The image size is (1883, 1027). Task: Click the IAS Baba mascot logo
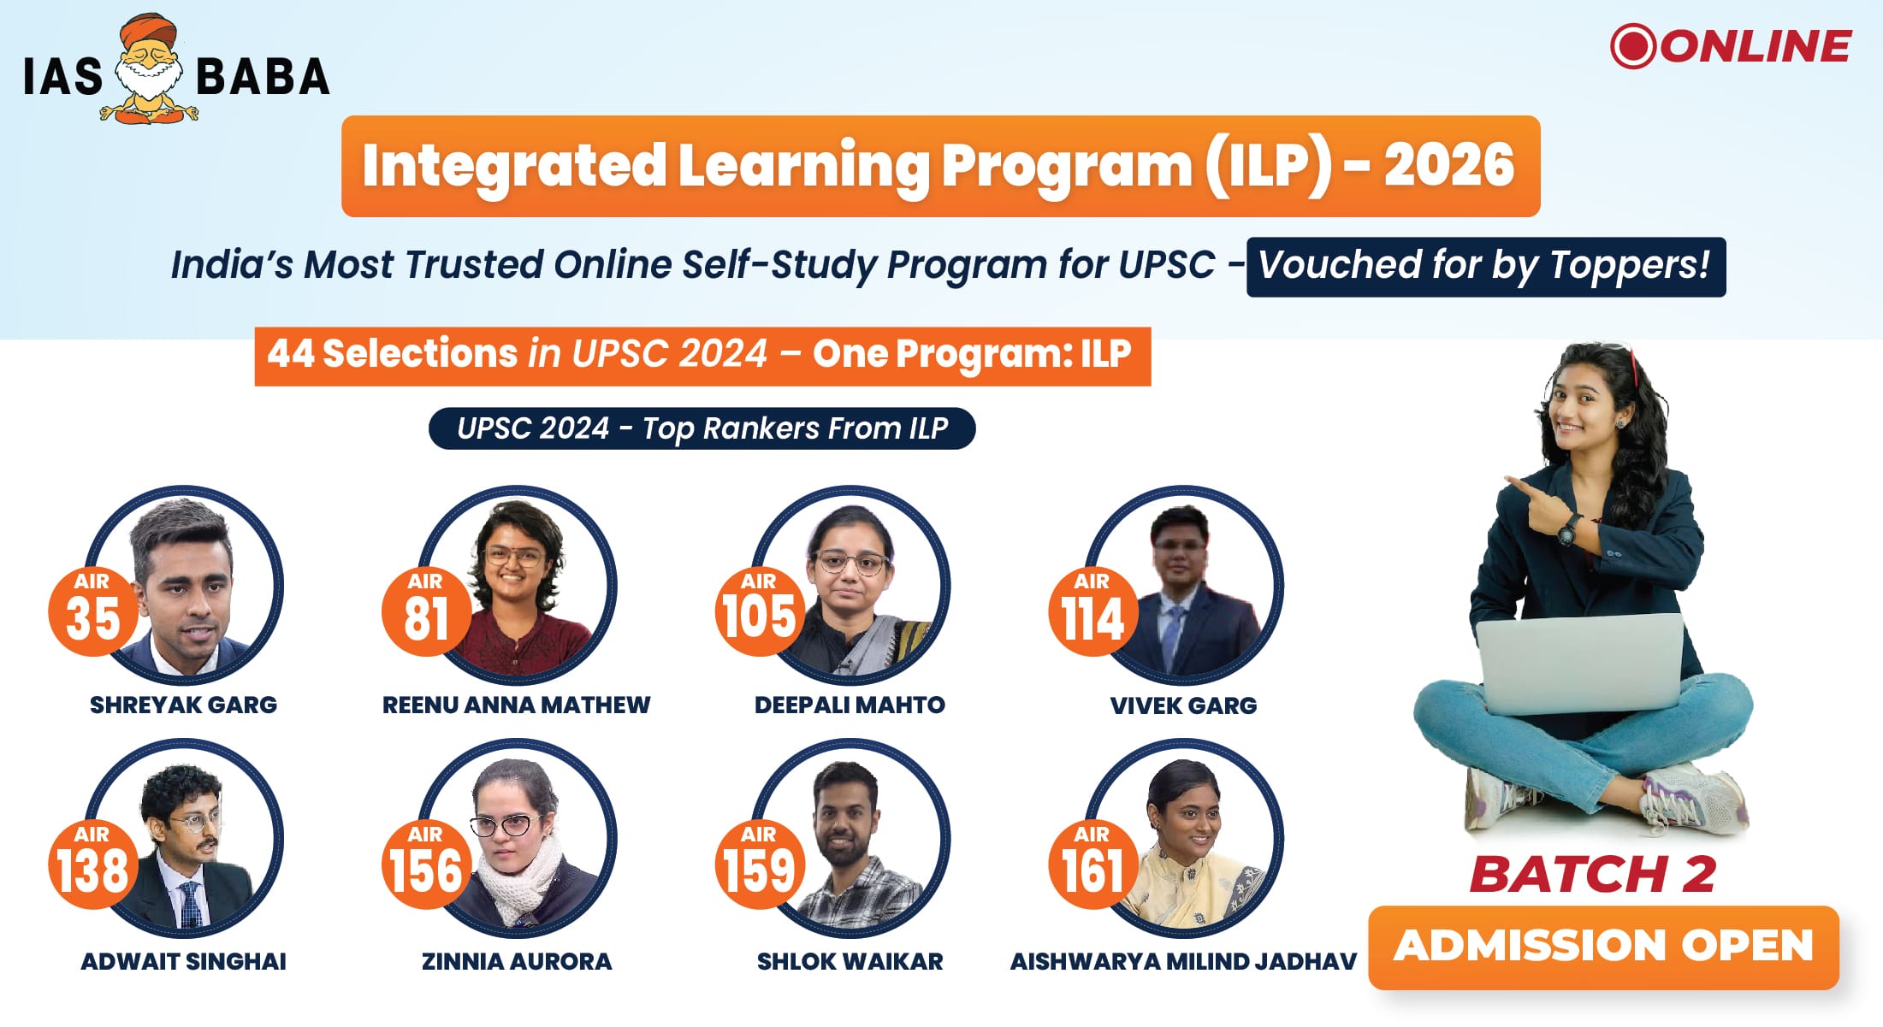[150, 69]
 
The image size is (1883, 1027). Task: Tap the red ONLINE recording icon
[1633, 46]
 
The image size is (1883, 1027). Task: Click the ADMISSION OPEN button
[1603, 947]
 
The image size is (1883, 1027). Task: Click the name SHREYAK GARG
[183, 705]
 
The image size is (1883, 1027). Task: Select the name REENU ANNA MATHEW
[516, 705]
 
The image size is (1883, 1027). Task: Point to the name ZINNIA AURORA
[517, 961]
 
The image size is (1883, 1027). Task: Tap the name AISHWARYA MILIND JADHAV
[1183, 961]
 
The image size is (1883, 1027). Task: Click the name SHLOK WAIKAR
[850, 961]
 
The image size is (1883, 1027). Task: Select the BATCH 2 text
[1593, 874]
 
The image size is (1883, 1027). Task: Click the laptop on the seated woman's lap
[1579, 663]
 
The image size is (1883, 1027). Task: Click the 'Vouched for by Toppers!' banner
[1486, 267]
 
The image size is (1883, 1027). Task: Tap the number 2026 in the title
[1449, 165]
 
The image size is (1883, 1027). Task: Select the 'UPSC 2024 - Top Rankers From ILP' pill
[702, 428]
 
